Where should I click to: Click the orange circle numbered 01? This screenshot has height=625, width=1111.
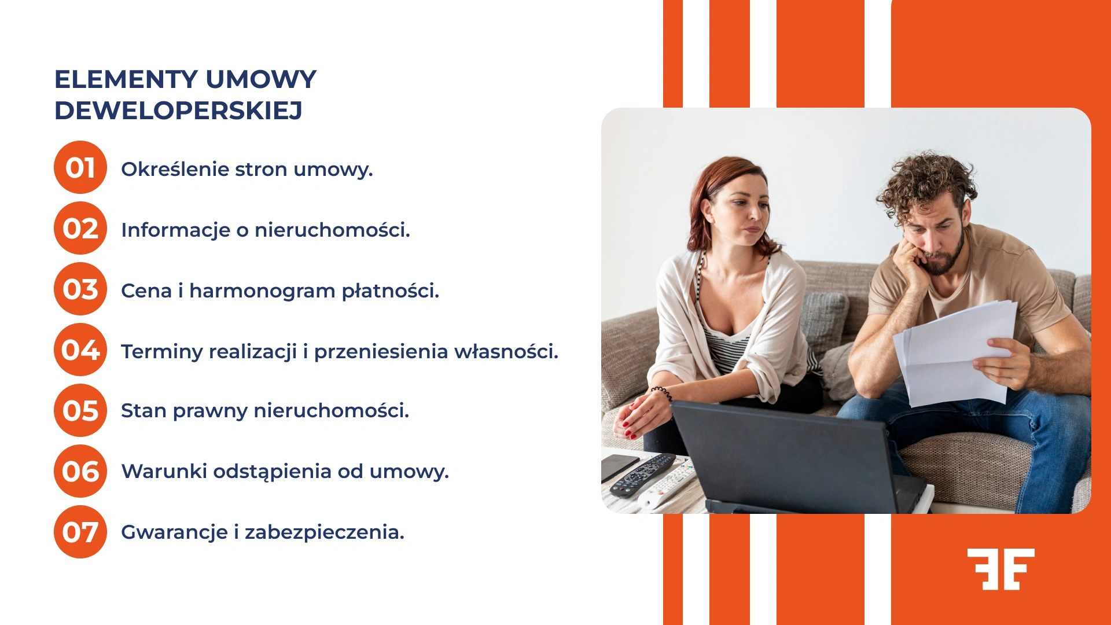pyautogui.click(x=80, y=167)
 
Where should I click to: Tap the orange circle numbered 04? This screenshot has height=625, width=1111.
pyautogui.click(x=80, y=350)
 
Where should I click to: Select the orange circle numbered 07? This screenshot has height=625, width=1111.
pyautogui.click(x=80, y=532)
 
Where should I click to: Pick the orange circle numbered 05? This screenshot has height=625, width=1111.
pyautogui.click(x=80, y=410)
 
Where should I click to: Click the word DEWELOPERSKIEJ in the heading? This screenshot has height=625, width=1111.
pyautogui.click(x=178, y=111)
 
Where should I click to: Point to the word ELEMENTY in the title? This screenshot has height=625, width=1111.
pyautogui.click(x=126, y=79)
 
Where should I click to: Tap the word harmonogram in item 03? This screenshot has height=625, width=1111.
pyautogui.click(x=262, y=291)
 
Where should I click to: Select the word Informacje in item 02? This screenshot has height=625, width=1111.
pyautogui.click(x=175, y=230)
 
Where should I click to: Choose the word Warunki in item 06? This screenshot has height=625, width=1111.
pyautogui.click(x=164, y=471)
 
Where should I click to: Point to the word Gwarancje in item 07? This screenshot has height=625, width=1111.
pyautogui.click(x=174, y=532)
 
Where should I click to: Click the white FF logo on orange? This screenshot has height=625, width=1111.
pyautogui.click(x=1000, y=569)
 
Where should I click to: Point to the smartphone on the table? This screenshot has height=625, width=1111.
pyautogui.click(x=618, y=466)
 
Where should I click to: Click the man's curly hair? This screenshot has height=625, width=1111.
pyautogui.click(x=926, y=177)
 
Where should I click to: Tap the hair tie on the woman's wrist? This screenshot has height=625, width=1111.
pyautogui.click(x=662, y=393)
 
